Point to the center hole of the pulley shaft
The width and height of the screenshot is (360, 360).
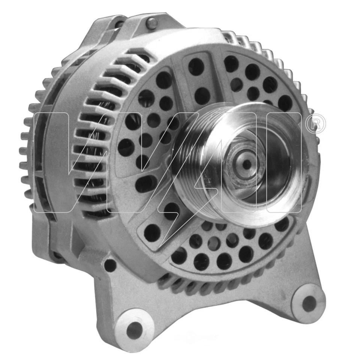click(247, 164)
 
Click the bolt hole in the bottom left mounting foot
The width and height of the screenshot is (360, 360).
click(134, 330)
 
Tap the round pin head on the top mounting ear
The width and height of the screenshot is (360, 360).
click(152, 23)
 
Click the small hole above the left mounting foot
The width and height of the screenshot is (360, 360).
click(110, 265)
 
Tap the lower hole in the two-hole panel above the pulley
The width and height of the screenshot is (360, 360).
click(202, 95)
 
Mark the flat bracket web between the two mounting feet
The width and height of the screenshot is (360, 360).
click(225, 311)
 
